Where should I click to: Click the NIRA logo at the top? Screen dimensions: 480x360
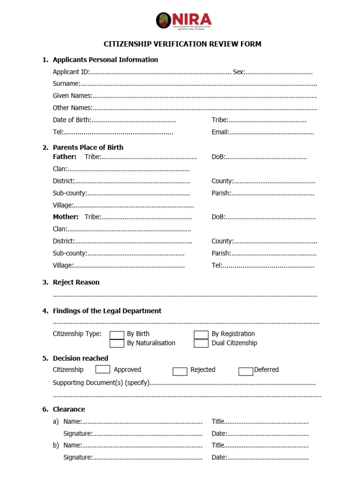pos(184,21)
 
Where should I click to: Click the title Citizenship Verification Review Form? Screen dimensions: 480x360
pos(182,44)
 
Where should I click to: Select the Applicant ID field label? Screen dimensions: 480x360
pos(71,72)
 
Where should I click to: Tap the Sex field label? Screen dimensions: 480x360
pos(239,72)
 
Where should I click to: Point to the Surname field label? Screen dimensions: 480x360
pos(66,83)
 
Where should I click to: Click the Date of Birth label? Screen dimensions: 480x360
pos(72,120)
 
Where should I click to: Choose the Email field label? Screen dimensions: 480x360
pos(220,132)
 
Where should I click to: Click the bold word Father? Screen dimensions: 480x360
pos(64,157)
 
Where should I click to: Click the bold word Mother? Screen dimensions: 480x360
pos(65,217)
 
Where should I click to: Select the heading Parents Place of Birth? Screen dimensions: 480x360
pos(88,147)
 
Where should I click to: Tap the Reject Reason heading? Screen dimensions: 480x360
pos(76,282)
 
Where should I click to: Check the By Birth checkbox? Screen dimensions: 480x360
pos(117,335)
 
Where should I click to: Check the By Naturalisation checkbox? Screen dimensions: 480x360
pos(117,344)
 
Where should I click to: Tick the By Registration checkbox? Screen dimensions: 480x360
pos(201,335)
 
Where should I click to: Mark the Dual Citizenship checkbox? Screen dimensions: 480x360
pos(201,344)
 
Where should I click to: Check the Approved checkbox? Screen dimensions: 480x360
pos(103,369)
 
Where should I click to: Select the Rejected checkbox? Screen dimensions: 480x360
pos(180,371)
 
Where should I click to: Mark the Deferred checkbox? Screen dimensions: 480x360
pos(246,371)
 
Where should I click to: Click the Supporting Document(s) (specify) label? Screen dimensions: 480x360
pos(101,383)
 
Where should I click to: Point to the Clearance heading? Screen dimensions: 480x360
pos(69,409)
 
